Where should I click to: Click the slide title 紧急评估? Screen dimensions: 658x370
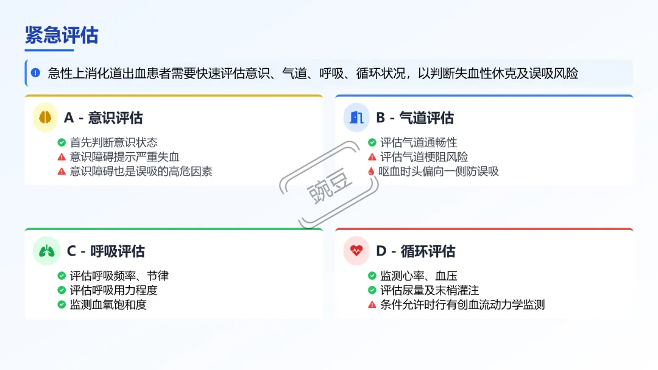coord(61,35)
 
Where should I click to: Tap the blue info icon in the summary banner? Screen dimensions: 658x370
coord(35,73)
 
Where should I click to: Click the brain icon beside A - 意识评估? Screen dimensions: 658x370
coord(44,117)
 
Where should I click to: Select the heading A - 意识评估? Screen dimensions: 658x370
coord(103,117)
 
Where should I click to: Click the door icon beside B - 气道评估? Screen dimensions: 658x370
coord(356,117)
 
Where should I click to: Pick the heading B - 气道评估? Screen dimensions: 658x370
coord(414,117)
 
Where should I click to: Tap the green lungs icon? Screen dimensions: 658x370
coord(46,251)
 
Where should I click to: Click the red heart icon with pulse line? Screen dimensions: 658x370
coord(356,251)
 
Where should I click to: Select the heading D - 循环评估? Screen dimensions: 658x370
coord(415,251)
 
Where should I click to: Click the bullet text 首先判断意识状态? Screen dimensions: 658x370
coord(113,142)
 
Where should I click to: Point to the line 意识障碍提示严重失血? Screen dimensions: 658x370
coord(124,157)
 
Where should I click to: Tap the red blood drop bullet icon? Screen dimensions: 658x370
coord(371,172)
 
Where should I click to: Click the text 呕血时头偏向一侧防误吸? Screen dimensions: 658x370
coord(439,172)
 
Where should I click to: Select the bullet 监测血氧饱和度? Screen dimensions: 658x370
coord(108,304)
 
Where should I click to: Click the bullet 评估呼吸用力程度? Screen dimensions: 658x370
coord(113,290)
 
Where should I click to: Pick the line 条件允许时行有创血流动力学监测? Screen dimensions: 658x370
coord(462,304)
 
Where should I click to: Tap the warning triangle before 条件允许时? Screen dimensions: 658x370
coord(372,304)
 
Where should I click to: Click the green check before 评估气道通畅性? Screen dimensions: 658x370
coord(372,142)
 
